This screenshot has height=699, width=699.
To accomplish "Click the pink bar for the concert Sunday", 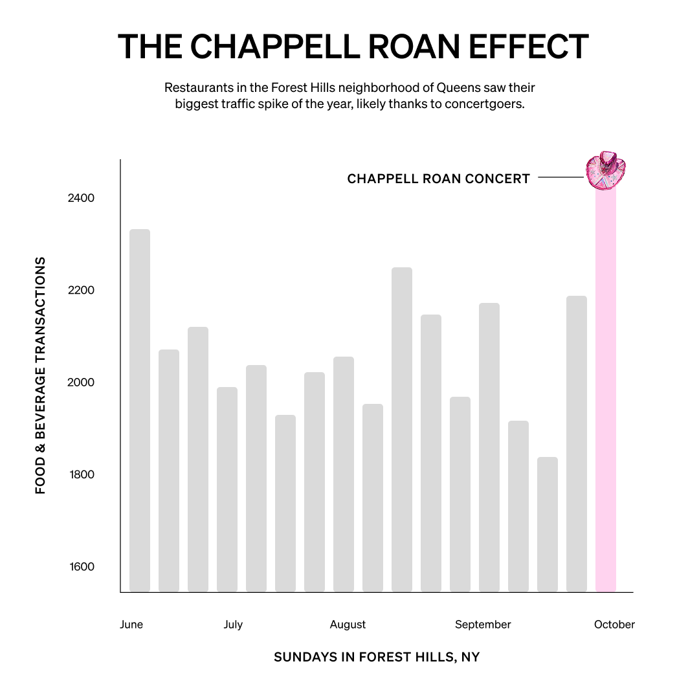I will pos(605,388).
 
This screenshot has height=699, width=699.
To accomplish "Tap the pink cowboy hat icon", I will pos(607,171).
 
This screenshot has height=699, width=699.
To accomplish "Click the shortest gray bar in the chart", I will pos(548,524).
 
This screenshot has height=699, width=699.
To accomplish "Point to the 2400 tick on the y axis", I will pos(81,198).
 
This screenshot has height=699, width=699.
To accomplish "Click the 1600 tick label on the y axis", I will pos(81,567).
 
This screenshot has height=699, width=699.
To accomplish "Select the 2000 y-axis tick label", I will pos(81,383).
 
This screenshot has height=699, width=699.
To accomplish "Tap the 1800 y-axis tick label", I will pos(81,475).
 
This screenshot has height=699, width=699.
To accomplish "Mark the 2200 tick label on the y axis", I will pos(81,291).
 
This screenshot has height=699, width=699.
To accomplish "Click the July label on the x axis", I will pos(233,625).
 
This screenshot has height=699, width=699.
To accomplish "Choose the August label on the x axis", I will pos(348,625).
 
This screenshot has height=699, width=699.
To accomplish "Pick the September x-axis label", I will pos(483,625).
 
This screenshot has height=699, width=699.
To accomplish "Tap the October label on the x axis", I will pos(614,625).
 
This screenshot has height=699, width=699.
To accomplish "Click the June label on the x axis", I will pos(131,625).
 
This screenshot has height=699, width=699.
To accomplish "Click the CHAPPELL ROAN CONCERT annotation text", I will pos(438,179).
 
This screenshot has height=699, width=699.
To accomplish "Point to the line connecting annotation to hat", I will pos(560,177).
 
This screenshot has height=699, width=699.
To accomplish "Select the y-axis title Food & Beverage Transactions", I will pos(41,375).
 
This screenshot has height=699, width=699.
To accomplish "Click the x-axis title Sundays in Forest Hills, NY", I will pos(377,658).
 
